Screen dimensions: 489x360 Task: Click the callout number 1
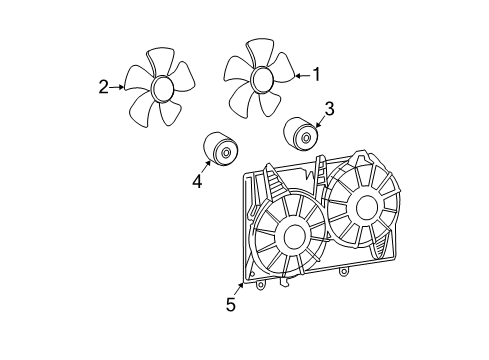tap(316, 73)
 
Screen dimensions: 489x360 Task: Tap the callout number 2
tap(103, 87)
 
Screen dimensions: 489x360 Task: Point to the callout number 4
tap(197, 182)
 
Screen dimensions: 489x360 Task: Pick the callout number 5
tap(230, 304)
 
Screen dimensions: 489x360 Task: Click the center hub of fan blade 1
tap(263, 78)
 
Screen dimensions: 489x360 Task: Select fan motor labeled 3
tap(299, 133)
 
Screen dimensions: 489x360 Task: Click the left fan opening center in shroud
tap(293, 237)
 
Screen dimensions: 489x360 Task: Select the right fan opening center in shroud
tap(367, 207)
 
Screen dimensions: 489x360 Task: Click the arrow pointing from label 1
tap(301, 74)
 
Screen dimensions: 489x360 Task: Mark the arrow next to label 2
tap(117, 87)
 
